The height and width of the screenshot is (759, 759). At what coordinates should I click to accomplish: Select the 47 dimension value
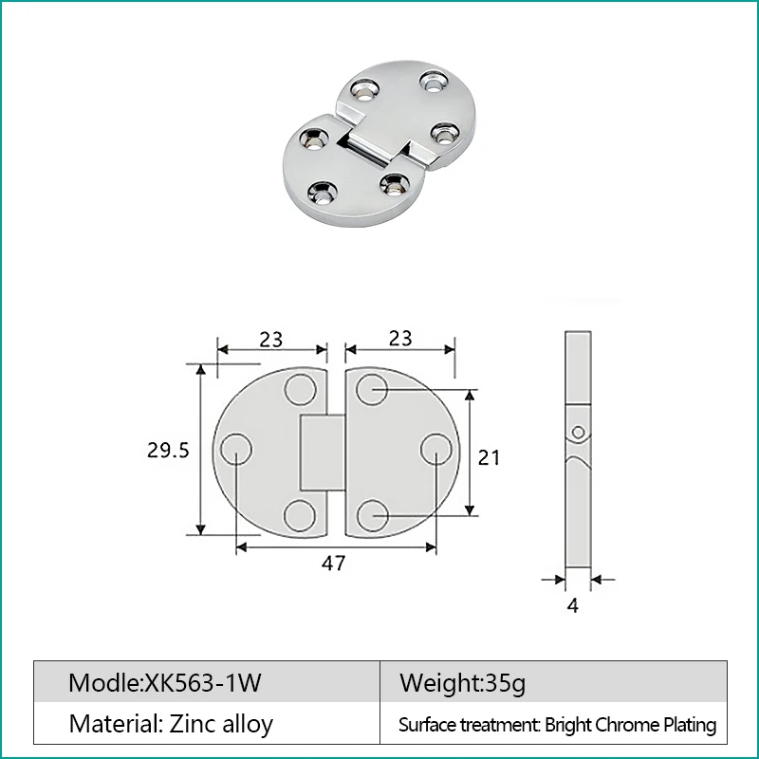coord(333,563)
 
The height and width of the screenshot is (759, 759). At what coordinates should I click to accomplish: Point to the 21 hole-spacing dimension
coord(489,457)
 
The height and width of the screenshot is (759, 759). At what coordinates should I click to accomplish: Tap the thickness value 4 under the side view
coord(572,605)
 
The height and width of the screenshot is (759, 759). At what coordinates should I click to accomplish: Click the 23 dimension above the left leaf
coord(271,339)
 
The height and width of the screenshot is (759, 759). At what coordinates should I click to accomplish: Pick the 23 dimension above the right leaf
coord(400,339)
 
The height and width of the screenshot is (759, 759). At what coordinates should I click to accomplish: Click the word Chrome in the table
coord(625,726)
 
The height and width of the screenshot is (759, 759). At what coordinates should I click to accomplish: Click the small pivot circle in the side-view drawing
coord(577,434)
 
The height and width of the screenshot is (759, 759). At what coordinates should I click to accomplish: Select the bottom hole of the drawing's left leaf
coord(301,513)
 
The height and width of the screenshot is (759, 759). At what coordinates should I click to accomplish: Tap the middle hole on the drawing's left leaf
coord(236,450)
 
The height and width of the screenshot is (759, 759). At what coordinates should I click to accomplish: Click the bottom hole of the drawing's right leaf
coord(372,513)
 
